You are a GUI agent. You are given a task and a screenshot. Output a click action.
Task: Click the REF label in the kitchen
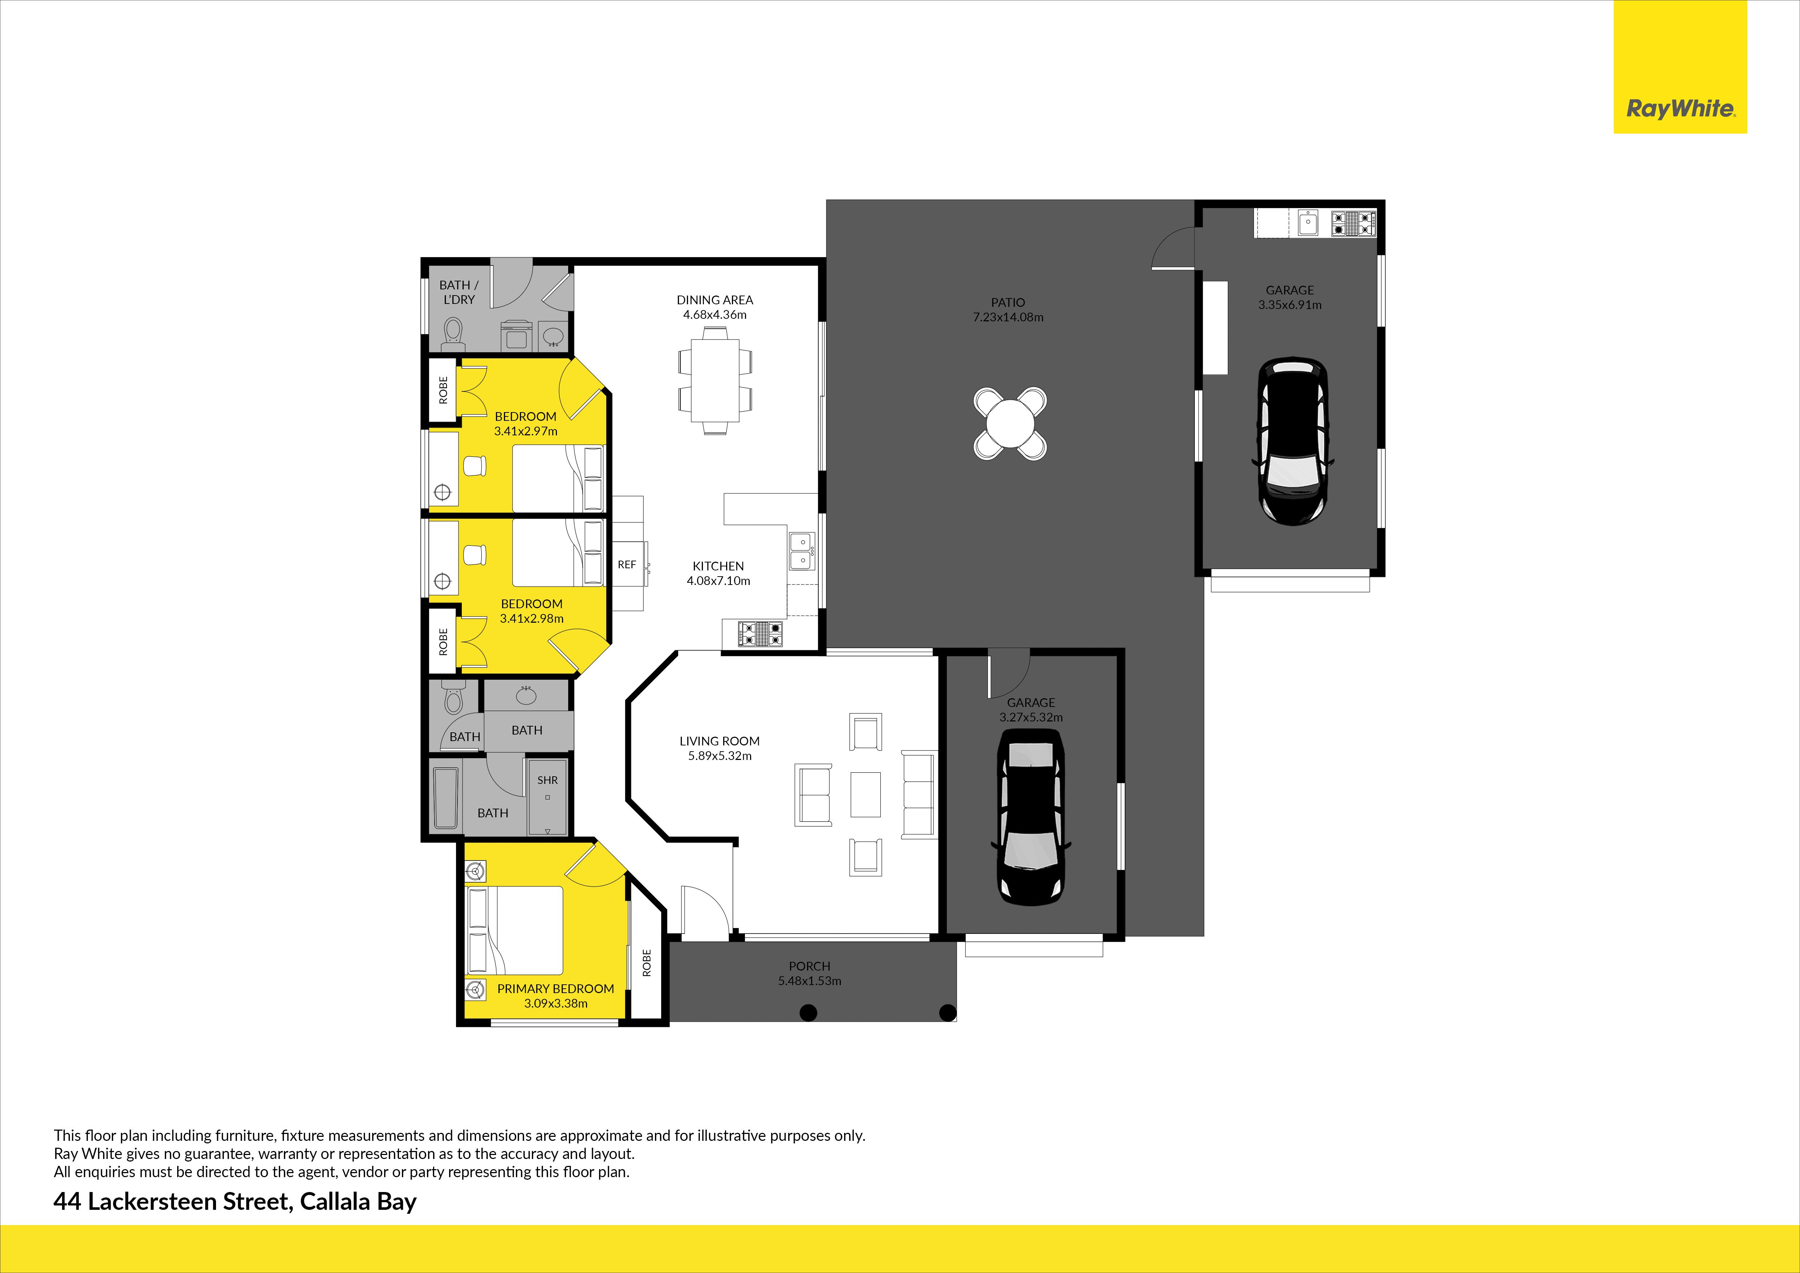tap(626, 564)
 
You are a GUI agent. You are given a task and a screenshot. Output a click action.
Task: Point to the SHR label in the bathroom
tap(547, 780)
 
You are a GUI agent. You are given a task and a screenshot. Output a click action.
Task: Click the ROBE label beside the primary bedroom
tap(647, 963)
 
